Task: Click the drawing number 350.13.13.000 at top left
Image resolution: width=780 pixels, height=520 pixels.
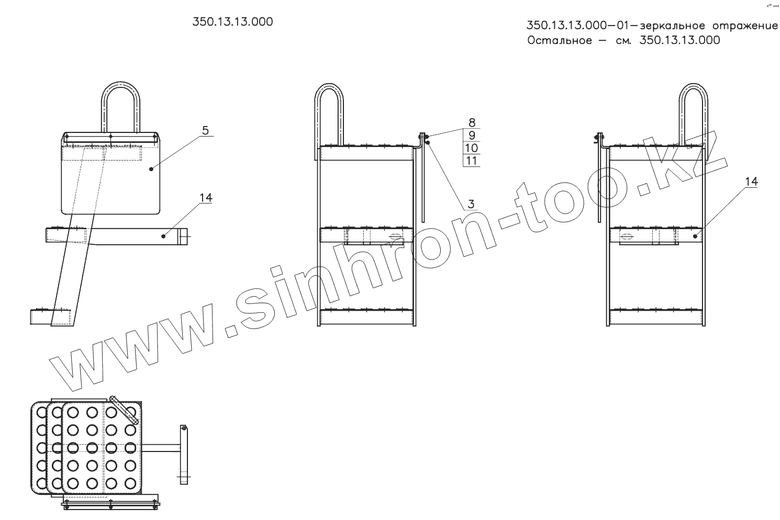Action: point(232,22)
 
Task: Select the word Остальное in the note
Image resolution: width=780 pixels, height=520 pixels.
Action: point(560,40)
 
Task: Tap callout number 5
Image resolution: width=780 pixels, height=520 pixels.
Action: point(205,130)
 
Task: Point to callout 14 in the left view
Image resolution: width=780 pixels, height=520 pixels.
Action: point(206,198)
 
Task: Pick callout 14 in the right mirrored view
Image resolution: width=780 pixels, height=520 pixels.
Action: point(751,182)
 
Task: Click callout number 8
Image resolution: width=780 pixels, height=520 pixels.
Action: point(472,122)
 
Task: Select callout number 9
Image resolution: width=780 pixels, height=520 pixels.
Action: point(472,135)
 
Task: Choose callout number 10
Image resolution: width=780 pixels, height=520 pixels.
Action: point(472,148)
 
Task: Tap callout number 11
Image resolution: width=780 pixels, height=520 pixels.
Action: point(472,161)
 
